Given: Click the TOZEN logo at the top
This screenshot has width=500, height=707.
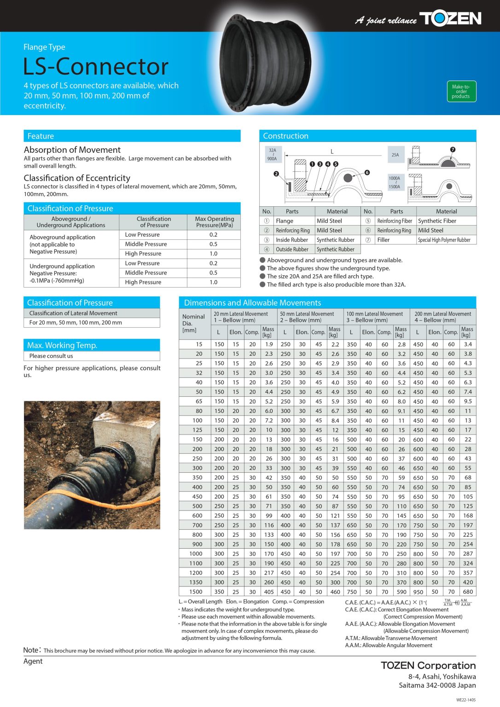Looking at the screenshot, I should coord(450,18).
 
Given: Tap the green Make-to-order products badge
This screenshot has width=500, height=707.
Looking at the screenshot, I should coord(461,91).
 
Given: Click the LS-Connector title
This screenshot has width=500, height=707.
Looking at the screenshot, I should coord(96,66).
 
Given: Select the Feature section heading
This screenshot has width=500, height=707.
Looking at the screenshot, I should coord(41,136).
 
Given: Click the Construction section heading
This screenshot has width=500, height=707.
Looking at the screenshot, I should coord(285,136).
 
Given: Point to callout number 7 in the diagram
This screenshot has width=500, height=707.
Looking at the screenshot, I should coord(453,150).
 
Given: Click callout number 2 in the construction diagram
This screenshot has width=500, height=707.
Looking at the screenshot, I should coord(276,174).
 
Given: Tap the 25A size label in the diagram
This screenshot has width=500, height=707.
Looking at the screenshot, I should coord(395,155).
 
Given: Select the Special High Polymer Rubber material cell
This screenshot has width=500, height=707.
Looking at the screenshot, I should coord(444,240).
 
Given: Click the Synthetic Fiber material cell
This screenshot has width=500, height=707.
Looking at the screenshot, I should coord(437,221).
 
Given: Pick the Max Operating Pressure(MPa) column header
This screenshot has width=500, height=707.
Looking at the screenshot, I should coord(214,222).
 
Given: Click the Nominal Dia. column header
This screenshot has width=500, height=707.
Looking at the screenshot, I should coord(193,323).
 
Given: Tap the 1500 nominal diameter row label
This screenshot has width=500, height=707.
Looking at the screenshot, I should coord(196,592).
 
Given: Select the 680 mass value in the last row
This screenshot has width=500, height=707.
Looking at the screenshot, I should coord(468,592).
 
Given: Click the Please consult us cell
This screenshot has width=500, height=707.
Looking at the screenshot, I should coord(51,356).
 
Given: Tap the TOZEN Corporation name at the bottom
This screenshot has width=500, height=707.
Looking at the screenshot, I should coord(428,666).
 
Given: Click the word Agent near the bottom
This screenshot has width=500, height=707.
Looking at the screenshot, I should coord(33,661).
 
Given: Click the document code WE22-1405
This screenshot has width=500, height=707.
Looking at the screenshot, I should coord(465,700).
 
